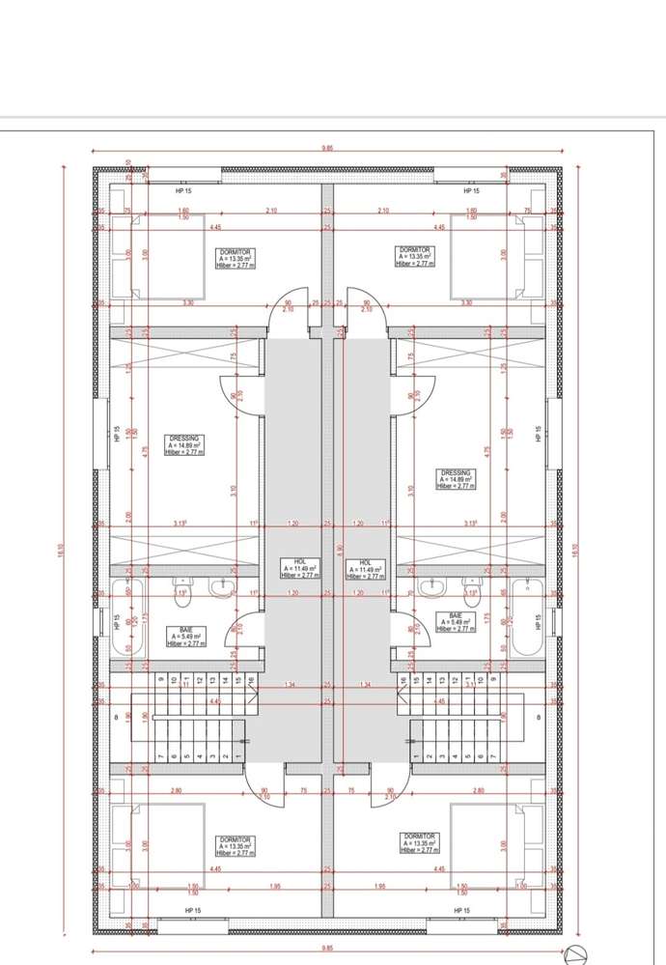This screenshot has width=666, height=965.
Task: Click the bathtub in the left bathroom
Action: click(127, 617)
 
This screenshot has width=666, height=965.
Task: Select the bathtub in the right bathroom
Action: click(528, 617)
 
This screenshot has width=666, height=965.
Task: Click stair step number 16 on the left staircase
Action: click(250, 682)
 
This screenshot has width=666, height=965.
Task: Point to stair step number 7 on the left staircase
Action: click(158, 756)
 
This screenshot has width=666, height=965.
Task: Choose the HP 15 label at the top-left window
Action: click(183, 191)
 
